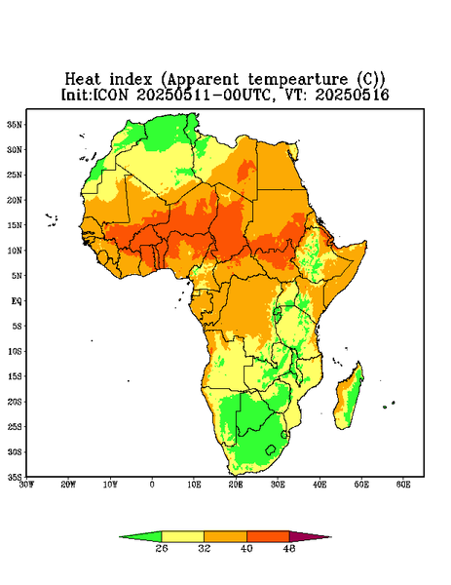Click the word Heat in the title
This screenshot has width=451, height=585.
(83, 79)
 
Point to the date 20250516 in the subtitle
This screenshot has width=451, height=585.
(353, 95)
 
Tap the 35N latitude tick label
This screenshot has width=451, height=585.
(15, 125)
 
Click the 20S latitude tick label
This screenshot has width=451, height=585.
(15, 402)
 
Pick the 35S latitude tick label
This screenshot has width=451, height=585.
(15, 477)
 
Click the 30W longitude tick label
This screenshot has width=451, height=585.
(26, 485)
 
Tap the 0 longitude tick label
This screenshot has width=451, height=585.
(152, 485)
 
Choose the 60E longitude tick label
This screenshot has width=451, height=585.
(403, 485)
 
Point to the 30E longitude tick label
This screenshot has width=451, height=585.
(278, 485)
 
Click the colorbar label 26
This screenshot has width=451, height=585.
(162, 548)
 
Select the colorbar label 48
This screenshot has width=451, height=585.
(289, 548)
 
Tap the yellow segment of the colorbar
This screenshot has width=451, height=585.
(182, 536)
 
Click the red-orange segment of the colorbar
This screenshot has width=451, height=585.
(268, 536)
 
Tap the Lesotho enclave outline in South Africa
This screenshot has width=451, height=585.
(270, 449)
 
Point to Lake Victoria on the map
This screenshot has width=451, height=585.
(278, 311)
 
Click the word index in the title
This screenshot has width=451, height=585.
(131, 79)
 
